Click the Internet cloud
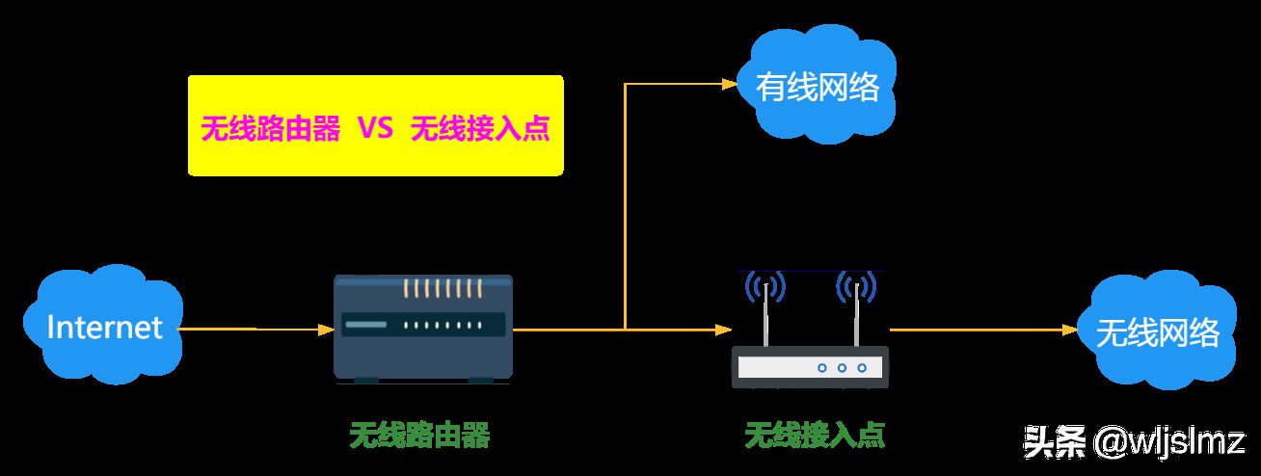[103, 325]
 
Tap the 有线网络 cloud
[817, 85]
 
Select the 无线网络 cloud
[1158, 331]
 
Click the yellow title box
[375, 125]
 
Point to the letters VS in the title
[375, 128]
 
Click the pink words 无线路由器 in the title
[271, 128]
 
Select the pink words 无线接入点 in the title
[480, 128]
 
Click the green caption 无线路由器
[419, 435]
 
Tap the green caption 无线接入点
[815, 435]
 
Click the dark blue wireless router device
[423, 329]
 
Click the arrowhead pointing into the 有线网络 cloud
[730, 84]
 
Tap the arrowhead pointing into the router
[327, 330]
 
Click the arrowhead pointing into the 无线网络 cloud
[1069, 330]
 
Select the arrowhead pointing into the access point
[724, 330]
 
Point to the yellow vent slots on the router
[442, 288]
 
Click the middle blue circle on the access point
[842, 368]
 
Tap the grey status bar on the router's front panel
[366, 325]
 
